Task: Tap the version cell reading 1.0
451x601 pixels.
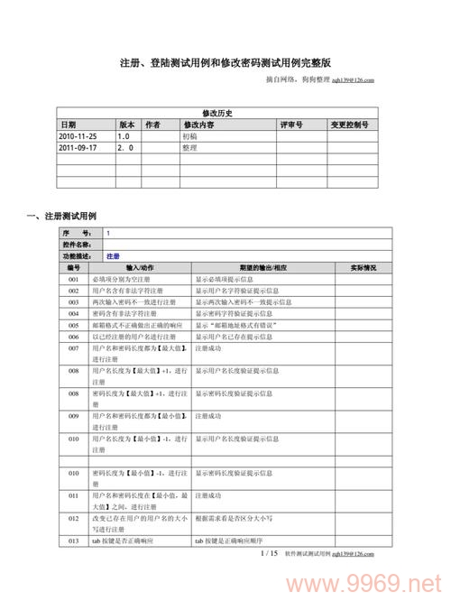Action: coord(124,134)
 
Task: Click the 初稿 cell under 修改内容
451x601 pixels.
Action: coord(190,134)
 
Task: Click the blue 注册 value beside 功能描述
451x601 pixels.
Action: coord(113,256)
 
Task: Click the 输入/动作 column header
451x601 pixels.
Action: coord(140,268)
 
